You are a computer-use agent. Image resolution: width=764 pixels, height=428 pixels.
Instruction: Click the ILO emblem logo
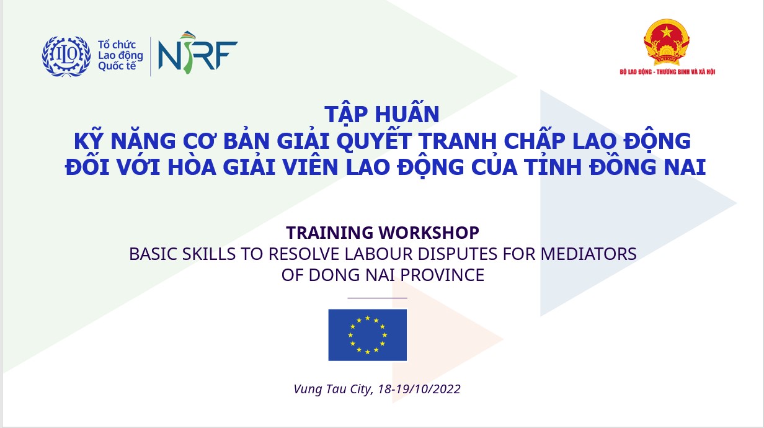pos(66,56)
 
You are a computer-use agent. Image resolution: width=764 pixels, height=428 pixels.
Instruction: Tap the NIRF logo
pos(198,53)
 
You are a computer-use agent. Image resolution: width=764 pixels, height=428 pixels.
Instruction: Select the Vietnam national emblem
pos(667,42)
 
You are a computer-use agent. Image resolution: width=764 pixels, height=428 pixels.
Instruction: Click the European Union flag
pos(367,335)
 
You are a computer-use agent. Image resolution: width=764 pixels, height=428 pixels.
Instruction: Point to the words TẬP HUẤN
pos(382,114)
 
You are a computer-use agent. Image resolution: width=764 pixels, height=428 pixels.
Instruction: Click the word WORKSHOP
pos(429,233)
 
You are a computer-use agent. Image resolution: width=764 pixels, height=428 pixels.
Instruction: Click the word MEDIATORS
pos(589,254)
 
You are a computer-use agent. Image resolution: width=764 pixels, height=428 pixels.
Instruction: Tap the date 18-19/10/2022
pos(419,389)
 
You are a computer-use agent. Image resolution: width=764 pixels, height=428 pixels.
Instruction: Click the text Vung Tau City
pos(333,390)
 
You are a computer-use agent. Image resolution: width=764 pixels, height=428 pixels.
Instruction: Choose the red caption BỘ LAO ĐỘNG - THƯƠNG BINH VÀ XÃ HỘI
pos(667,71)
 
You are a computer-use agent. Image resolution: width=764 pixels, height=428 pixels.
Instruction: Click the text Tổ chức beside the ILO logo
pos(117,45)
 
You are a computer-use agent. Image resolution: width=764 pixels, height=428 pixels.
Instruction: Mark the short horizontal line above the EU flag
pos(377,298)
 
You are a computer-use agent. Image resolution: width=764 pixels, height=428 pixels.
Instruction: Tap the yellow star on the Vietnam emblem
pos(667,32)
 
